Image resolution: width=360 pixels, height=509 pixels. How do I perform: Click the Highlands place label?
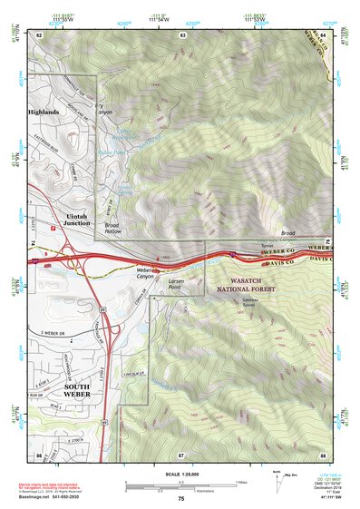43,113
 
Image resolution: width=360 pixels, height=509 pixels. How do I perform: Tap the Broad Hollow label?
112,229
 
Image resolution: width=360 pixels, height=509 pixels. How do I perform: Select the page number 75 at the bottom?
180,500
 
